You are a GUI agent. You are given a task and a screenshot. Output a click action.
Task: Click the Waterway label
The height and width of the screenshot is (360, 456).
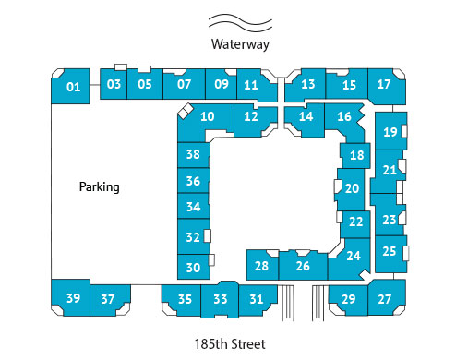pyautogui.click(x=238, y=43)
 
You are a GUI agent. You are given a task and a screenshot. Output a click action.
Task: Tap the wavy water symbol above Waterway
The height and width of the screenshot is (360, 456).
pyautogui.click(x=238, y=21)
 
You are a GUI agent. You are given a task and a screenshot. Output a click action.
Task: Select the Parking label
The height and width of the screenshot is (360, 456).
pyautogui.click(x=100, y=186)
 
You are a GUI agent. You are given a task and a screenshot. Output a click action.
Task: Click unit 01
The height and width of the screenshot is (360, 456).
pyautogui.click(x=73, y=88)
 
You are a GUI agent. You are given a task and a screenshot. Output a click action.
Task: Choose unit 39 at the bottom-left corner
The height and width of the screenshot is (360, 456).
pyautogui.click(x=73, y=297)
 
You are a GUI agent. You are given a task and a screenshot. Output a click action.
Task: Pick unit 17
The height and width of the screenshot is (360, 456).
pyautogui.click(x=385, y=85)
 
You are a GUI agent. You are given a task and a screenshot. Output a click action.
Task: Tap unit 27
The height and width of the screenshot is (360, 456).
pyautogui.click(x=385, y=299)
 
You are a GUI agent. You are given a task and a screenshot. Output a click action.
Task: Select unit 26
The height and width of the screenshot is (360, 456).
pyautogui.click(x=302, y=267)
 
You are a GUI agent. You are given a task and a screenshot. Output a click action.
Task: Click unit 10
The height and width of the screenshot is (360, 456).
pyautogui.click(x=208, y=116)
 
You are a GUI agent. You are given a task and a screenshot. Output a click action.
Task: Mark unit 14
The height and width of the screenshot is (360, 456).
pyautogui.click(x=306, y=116)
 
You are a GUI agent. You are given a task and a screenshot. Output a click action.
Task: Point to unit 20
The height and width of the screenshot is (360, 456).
pyautogui.click(x=352, y=187)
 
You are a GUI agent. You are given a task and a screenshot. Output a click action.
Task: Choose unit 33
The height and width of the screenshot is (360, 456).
pyautogui.click(x=220, y=299)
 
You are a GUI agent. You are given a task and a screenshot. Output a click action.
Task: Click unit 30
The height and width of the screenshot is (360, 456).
pyautogui.click(x=193, y=268)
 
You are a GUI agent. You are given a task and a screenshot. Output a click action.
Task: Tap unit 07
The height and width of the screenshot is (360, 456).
pyautogui.click(x=184, y=85)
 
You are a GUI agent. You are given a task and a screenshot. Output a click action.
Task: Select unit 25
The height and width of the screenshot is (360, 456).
pyautogui.click(x=390, y=250)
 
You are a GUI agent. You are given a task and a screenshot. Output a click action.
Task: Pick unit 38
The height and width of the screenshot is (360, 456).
pyautogui.click(x=193, y=154)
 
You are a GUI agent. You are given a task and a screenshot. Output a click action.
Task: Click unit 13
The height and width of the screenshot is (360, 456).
pyautogui.click(x=308, y=85)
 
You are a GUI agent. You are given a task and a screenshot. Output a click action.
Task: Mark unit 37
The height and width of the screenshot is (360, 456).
pyautogui.click(x=108, y=299)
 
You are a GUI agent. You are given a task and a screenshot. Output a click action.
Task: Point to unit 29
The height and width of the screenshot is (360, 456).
pyautogui.click(x=348, y=299)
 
